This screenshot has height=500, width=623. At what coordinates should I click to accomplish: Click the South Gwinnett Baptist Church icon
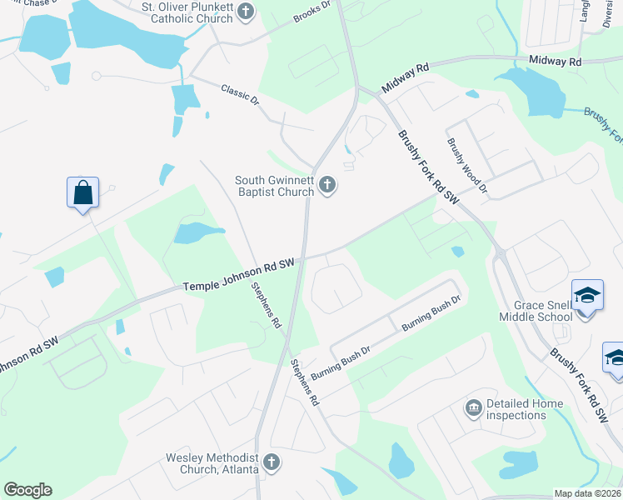(328, 185)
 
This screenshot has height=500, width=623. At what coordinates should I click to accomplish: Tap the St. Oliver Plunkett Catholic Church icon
(246, 12)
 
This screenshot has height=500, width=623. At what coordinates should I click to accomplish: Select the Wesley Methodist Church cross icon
(271, 462)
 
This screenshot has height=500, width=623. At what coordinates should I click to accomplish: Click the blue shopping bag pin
(83, 193)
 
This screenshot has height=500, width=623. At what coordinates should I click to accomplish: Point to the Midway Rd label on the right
(556, 62)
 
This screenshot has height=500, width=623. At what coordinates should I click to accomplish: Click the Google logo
(27, 490)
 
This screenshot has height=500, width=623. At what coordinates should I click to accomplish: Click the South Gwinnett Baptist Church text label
(274, 185)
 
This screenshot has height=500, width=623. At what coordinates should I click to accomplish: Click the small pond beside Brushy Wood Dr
(456, 251)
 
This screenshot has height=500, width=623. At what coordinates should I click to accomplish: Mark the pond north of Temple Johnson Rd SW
(197, 232)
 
